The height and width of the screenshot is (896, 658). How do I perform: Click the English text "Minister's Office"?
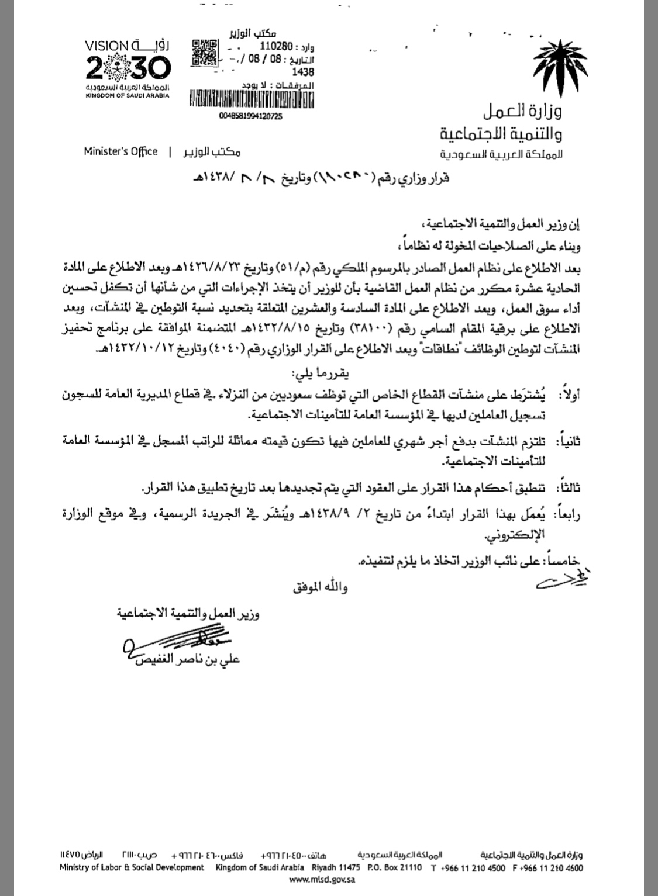click(x=120, y=151)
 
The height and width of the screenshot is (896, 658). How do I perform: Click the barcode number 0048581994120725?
click(x=250, y=117)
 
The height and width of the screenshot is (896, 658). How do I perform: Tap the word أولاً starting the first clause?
click(x=566, y=396)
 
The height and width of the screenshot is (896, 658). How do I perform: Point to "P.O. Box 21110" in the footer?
click(x=395, y=867)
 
